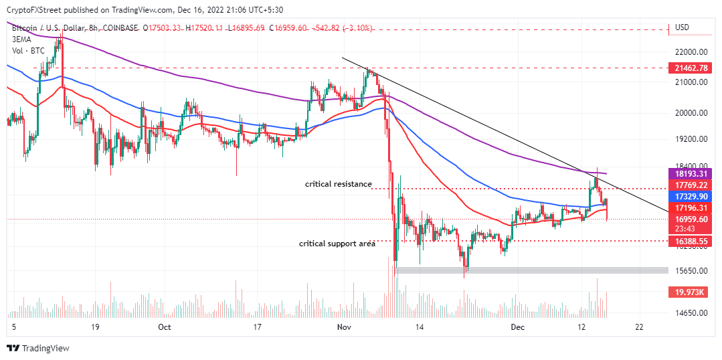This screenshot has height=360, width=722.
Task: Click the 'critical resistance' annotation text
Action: click(x=338, y=184)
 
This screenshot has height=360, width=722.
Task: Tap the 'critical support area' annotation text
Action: click(x=337, y=244)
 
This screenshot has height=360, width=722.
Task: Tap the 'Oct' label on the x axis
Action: click(x=165, y=327)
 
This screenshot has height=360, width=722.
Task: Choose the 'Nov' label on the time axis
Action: click(x=344, y=327)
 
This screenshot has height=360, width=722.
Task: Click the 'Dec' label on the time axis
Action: click(x=517, y=327)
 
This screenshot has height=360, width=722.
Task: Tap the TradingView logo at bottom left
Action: click(x=38, y=348)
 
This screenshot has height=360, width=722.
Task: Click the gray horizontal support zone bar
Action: click(x=532, y=270)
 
